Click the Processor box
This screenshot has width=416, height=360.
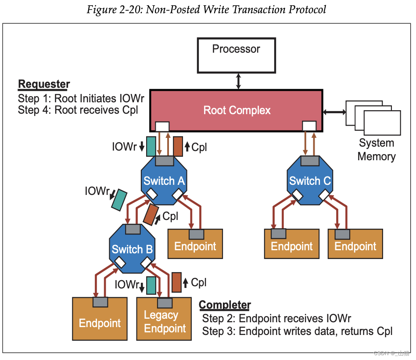click(x=237, y=55)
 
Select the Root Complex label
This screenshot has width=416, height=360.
click(x=237, y=110)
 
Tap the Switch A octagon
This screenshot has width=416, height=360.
click(x=164, y=180)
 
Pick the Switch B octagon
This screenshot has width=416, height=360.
click(x=132, y=249)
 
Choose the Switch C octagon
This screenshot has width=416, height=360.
click(x=310, y=180)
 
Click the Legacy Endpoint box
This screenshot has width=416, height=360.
click(x=164, y=319)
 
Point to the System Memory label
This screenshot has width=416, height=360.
click(x=377, y=149)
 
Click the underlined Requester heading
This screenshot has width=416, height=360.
click(x=44, y=84)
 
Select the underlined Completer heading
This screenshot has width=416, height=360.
click(x=225, y=305)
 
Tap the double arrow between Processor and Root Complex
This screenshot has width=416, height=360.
click(x=238, y=81)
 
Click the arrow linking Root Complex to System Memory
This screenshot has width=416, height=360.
click(x=334, y=112)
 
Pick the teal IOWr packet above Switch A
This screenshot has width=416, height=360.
click(x=151, y=146)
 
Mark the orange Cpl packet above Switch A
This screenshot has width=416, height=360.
click(x=178, y=146)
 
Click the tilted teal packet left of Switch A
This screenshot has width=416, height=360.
click(x=119, y=200)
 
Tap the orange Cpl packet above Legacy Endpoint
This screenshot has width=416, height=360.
click(x=177, y=282)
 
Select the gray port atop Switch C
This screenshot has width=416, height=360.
click(x=310, y=161)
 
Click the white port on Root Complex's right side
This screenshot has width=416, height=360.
click(x=309, y=126)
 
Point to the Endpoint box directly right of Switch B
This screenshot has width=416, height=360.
click(x=195, y=244)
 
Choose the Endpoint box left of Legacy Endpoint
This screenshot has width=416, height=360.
click(x=100, y=319)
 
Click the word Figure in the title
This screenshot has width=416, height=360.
click(x=102, y=10)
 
